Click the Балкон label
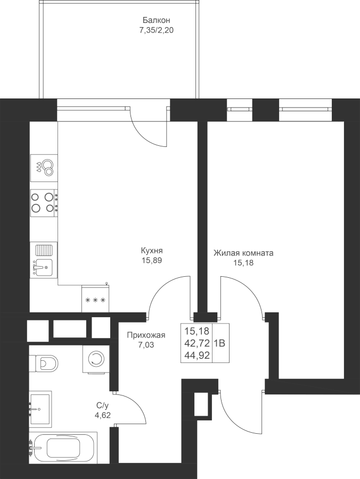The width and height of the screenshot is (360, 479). (x=152, y=21)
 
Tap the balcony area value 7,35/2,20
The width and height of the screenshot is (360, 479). (x=156, y=30)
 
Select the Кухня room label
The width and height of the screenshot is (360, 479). (x=151, y=251)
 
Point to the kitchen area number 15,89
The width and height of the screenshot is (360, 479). (x=151, y=261)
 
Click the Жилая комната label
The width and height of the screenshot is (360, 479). (x=243, y=253)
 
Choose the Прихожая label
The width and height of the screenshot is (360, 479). (x=146, y=335)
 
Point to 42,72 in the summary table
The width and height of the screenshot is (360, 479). (x=197, y=343)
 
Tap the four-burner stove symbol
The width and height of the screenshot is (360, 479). (x=43, y=203)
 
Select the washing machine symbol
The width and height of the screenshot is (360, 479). (x=96, y=359)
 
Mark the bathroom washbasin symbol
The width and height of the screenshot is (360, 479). (x=40, y=409)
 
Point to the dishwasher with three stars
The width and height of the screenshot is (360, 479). (x=95, y=300)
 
